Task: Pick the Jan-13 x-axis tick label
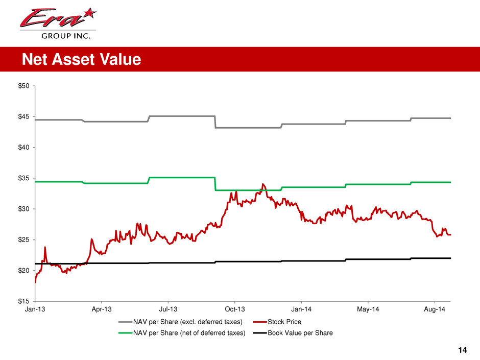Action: pos(35,309)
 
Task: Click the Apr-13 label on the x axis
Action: pos(102,309)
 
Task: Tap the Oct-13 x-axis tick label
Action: pos(234,309)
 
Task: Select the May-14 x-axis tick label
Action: pos(368,309)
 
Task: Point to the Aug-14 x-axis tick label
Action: pos(434,309)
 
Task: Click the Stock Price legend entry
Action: pos(284,322)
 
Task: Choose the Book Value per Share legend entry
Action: pos(300,333)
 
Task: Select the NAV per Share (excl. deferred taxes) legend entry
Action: pos(188,322)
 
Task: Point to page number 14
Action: pos(463,350)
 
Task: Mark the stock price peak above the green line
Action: pos(263,184)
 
